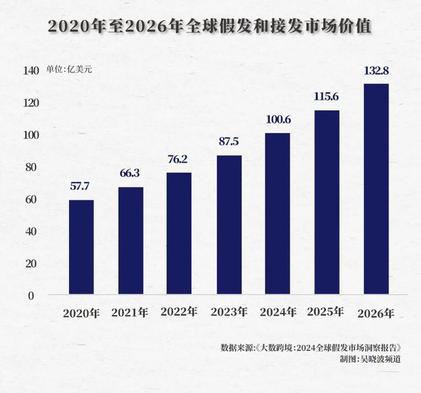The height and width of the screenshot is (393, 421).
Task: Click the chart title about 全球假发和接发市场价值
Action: point(211,26)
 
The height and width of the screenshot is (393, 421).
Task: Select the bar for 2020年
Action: point(81,247)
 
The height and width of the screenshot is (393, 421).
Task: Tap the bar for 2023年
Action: point(228,225)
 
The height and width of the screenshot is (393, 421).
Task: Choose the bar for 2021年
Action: point(130,241)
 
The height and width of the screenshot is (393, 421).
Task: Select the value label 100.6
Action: point(277,120)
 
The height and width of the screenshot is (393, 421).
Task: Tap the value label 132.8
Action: point(376,70)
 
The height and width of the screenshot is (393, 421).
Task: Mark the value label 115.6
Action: point(327,97)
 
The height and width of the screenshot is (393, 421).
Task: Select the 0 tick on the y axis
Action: point(30,295)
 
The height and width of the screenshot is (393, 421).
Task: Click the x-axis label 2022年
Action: point(179,312)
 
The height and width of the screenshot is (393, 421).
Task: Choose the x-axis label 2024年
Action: point(277,313)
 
